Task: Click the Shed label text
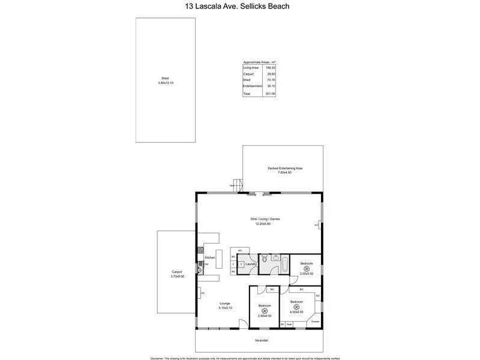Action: coord(165,79)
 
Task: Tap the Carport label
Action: coord(177,272)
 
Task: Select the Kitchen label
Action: coord(209,257)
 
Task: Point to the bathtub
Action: coord(284,265)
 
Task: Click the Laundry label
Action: coord(251,263)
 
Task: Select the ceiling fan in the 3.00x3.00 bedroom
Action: coord(307,268)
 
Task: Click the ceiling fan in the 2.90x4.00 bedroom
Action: coord(265,310)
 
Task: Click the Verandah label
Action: coord(260,340)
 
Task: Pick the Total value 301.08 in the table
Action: coord(271,94)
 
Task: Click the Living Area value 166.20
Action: coord(271,68)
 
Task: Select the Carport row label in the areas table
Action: coord(248,74)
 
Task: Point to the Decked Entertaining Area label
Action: coord(285,168)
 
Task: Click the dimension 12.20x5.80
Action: coord(265,223)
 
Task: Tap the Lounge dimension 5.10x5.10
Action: coord(225,308)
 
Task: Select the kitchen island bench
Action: coord(219,258)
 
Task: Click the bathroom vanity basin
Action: coord(275,257)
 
